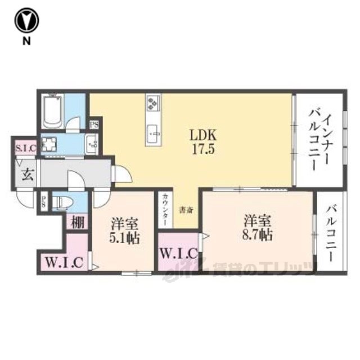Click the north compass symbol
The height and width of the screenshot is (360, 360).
(x=26, y=22)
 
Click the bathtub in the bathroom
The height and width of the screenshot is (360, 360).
(x=52, y=111)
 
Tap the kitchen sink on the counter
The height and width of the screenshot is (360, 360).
(x=154, y=133)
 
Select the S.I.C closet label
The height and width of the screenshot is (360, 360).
(x=25, y=148)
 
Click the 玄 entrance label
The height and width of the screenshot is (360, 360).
(x=26, y=173)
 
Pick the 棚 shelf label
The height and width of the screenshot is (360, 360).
(x=78, y=222)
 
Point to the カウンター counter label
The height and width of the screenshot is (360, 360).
(x=164, y=210)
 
